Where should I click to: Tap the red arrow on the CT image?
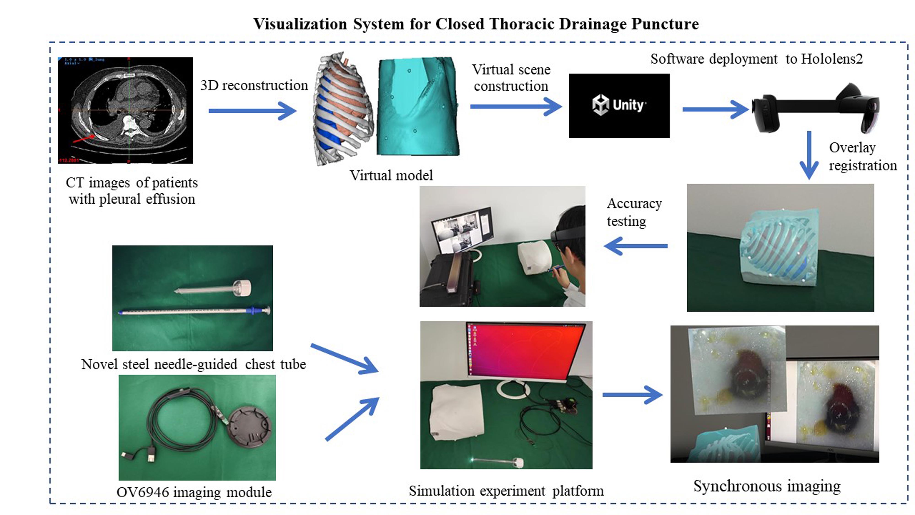[84, 139]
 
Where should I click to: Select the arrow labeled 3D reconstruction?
[252, 111]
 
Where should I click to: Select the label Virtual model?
[391, 175]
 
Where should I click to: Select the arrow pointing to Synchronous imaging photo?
[632, 395]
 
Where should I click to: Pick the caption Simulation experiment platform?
[506, 491]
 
